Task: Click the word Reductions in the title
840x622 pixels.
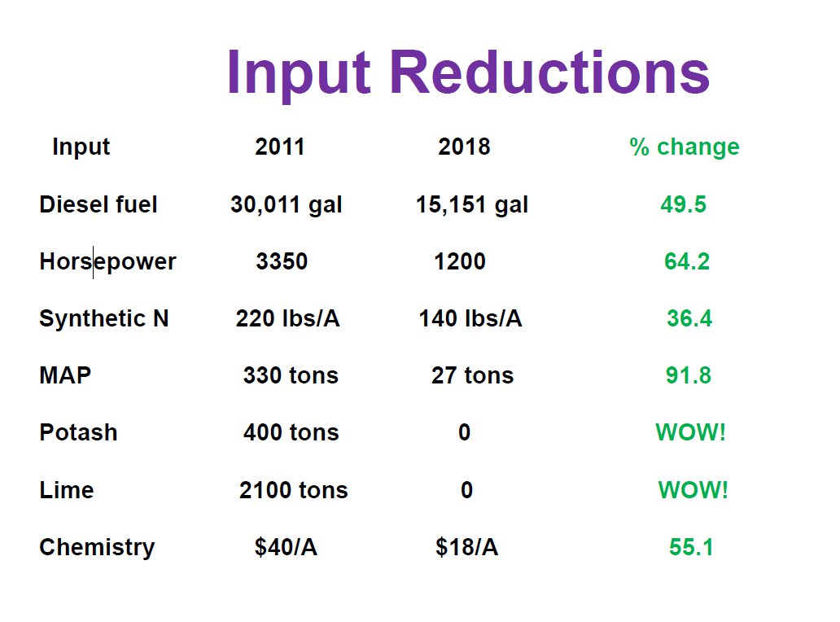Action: coord(550,73)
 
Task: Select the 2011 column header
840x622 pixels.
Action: coord(280,147)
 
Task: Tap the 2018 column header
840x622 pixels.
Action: coord(464,147)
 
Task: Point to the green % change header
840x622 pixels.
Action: coord(685,147)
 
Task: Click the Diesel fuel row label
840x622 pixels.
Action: coord(98,204)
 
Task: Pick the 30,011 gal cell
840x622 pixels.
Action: coord(287,205)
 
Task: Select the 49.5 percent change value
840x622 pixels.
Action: coord(684,204)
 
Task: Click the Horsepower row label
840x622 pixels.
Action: coord(107,262)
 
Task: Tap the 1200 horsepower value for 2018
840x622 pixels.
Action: coord(460,261)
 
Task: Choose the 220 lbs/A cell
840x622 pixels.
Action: coord(287,318)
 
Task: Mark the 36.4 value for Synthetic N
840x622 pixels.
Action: coord(689,318)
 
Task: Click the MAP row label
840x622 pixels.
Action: coord(65,376)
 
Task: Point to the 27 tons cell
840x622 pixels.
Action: coord(473,375)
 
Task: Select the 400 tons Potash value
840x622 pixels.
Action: coord(291,432)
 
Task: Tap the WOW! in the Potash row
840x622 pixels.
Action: coord(690,432)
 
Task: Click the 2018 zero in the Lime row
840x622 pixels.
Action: coord(466,490)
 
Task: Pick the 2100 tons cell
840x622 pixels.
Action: coord(293,490)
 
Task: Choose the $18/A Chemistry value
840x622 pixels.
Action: coord(466,548)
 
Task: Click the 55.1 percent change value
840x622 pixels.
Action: coord(691,548)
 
